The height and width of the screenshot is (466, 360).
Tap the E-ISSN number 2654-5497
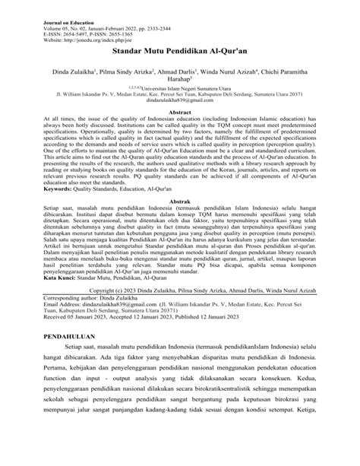[62, 24]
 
